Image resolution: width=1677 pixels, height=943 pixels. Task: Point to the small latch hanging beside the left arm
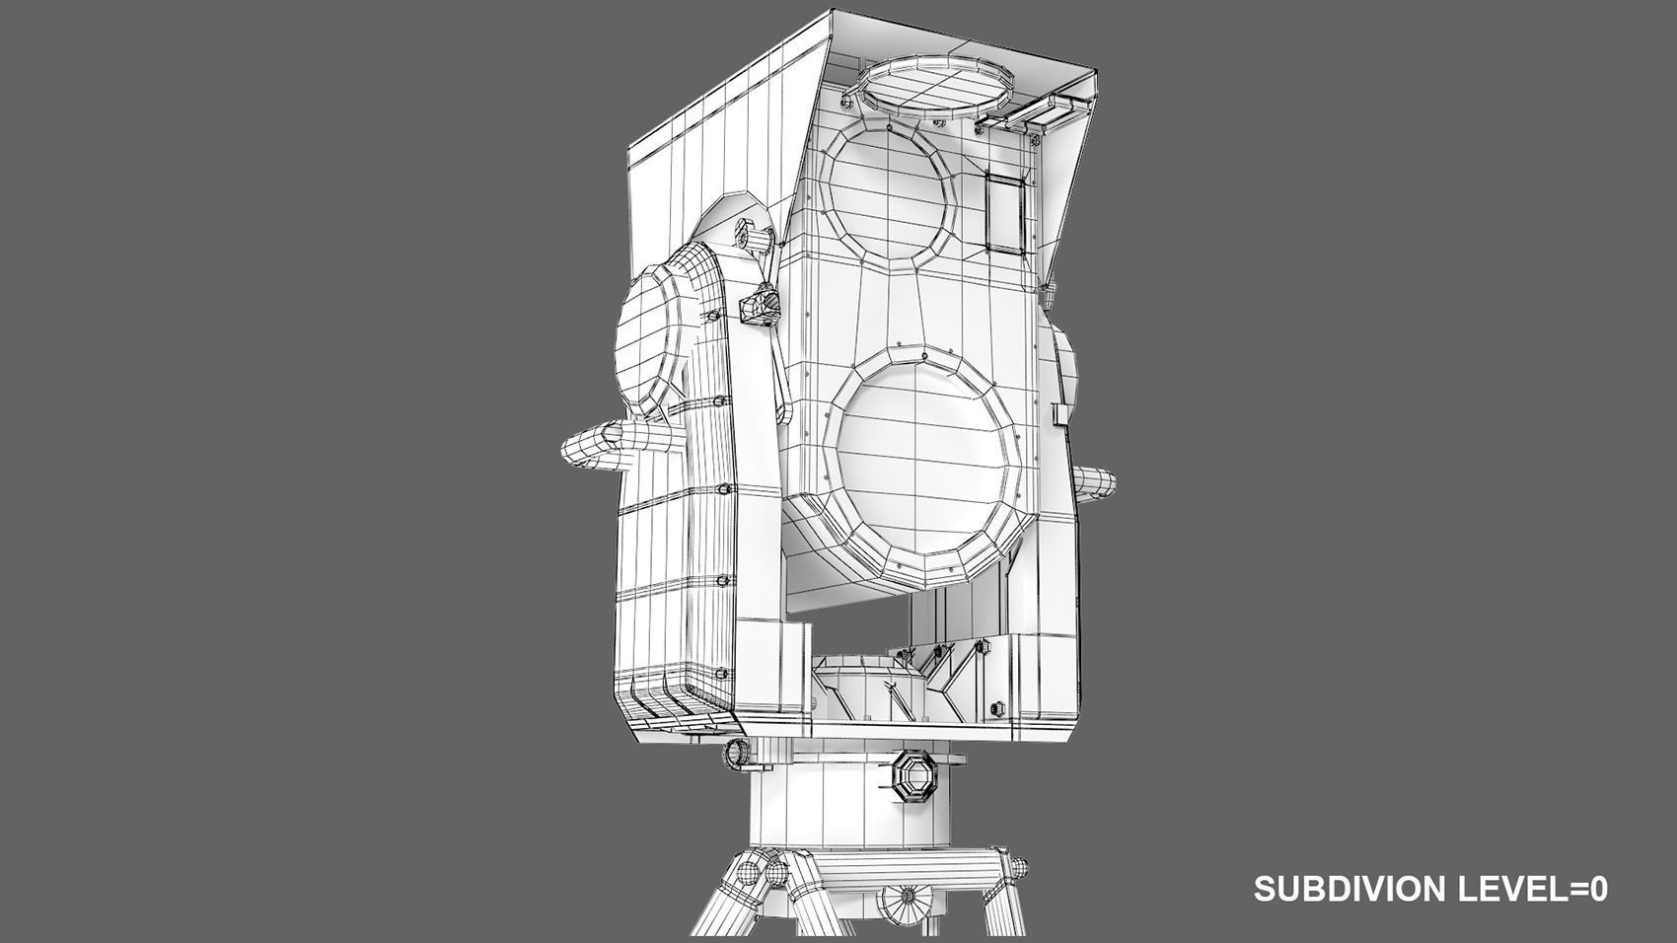point(759,306)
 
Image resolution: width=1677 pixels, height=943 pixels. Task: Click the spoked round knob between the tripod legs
point(906,899)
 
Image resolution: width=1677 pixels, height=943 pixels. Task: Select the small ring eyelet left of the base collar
point(736,753)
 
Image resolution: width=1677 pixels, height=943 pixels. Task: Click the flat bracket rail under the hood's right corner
point(1031,113)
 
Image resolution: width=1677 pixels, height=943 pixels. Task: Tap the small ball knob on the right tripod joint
point(1017,869)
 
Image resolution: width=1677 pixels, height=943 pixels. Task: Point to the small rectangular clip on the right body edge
point(1060,413)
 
